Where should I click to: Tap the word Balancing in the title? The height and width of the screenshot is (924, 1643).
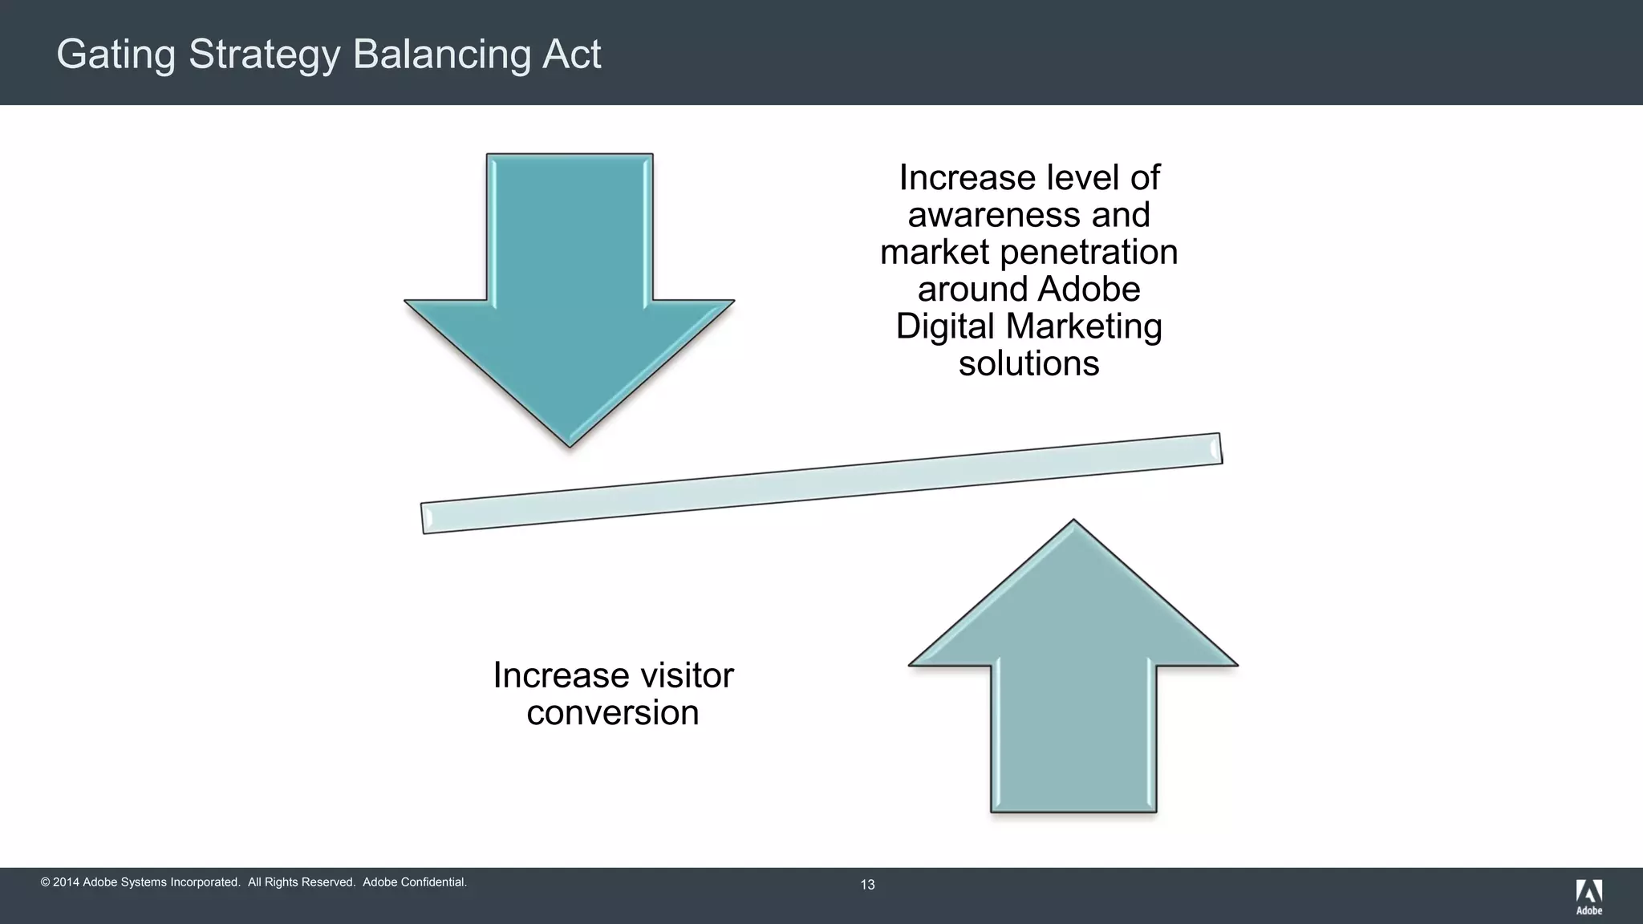point(441,55)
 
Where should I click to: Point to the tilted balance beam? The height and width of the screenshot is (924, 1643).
point(821,483)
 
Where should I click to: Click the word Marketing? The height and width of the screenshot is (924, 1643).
point(1084,326)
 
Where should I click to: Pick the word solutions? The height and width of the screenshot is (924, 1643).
point(1028,363)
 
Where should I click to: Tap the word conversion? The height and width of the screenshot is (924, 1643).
point(613,712)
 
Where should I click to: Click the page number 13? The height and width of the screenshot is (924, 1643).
point(867,885)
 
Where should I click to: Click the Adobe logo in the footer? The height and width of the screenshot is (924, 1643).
point(1588,896)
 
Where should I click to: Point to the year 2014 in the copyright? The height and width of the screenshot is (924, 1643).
point(66,882)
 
